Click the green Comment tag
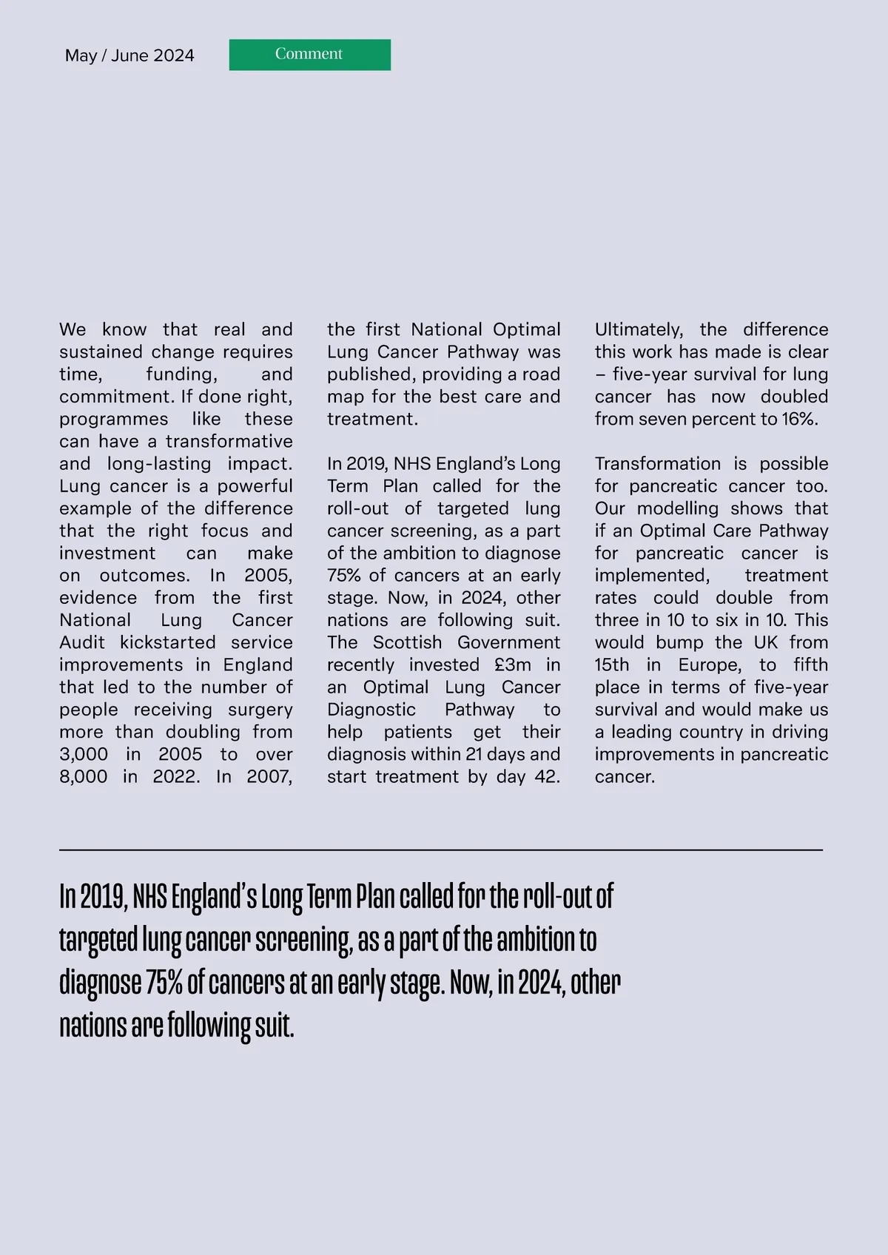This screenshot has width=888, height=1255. point(309,55)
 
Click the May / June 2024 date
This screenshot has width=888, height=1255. point(129,55)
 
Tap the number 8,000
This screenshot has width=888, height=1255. point(83,776)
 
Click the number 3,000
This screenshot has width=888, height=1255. point(83,754)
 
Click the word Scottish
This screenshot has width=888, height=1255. point(407,642)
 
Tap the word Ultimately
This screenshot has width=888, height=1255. point(639,329)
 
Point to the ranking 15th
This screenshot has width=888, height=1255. point(611,664)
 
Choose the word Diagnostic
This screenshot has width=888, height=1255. point(371,709)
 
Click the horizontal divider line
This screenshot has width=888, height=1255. point(441,850)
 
